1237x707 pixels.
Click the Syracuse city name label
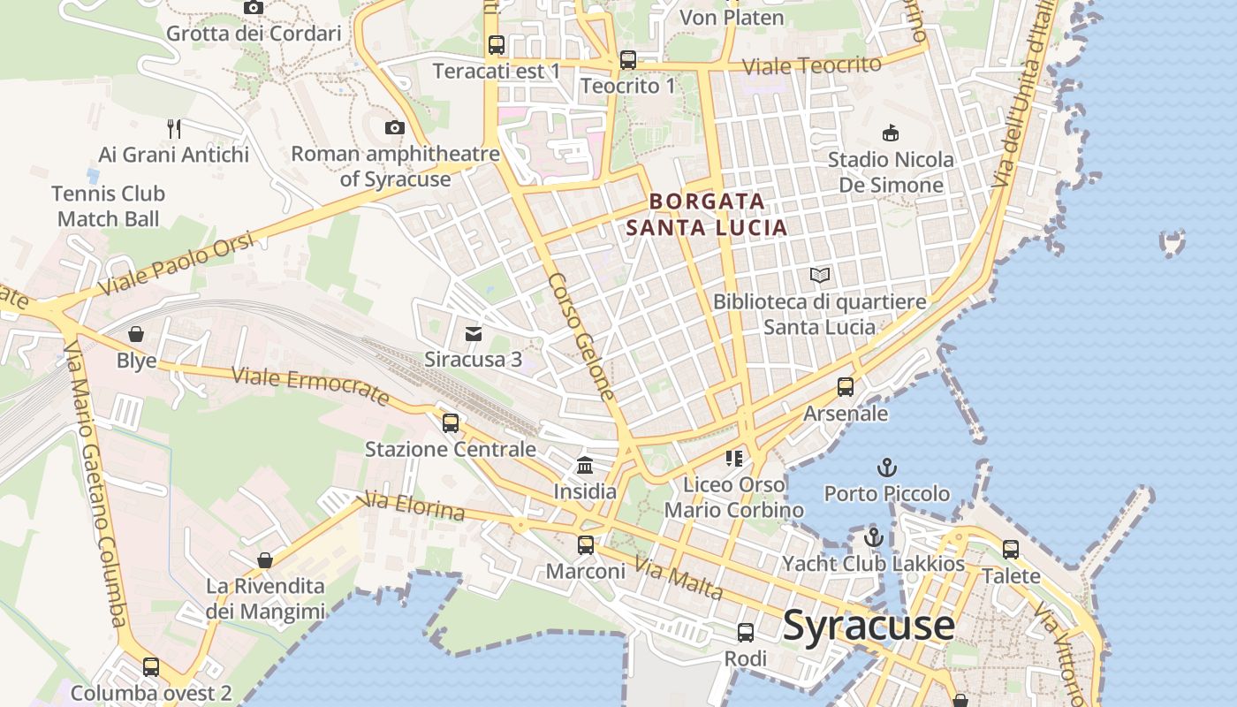[x=869, y=626]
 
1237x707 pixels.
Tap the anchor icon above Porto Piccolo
[x=886, y=467]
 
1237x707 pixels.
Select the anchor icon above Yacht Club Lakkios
[x=874, y=536]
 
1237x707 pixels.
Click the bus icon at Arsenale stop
[x=846, y=387]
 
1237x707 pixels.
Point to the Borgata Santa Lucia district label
[x=707, y=215]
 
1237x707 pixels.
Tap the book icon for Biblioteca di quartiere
[x=820, y=276]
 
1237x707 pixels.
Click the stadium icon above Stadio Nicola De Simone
[x=891, y=133]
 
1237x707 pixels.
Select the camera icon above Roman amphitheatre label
[x=395, y=128]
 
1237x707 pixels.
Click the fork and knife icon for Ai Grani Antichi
[x=174, y=129]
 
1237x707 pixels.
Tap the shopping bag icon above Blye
[x=136, y=334]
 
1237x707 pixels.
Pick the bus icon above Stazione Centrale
[x=451, y=422]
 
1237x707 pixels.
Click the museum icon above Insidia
[x=585, y=465]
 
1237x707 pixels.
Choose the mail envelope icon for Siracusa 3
[x=474, y=333]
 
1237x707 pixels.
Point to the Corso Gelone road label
[x=581, y=337]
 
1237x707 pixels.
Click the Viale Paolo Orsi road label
[x=177, y=264]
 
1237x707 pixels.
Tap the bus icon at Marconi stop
[x=586, y=545]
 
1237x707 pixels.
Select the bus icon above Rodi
[x=746, y=633]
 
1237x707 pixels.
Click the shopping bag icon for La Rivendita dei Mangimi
[x=264, y=560]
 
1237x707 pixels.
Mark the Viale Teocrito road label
[x=811, y=65]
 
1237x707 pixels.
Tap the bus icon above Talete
[x=1011, y=550]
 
